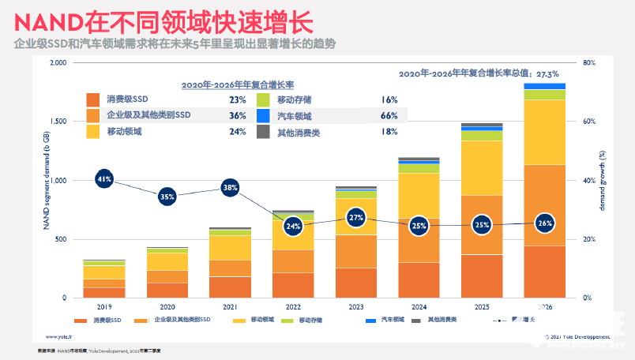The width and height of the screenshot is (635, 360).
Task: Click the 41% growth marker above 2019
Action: pos(103,179)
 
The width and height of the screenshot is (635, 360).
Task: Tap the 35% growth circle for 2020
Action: pos(167,197)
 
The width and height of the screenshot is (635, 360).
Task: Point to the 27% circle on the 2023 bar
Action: pos(355,217)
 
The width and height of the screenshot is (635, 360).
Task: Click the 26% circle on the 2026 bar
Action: pos(543,223)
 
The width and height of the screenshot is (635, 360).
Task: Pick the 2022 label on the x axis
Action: pos(293,307)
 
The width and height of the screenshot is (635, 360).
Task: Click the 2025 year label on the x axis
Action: pos(481,307)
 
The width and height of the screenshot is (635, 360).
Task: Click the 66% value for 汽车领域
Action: pos(389,116)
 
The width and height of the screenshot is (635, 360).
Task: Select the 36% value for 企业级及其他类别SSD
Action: pos(238,116)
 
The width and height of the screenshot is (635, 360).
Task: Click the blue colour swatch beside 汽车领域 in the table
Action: pos(265,116)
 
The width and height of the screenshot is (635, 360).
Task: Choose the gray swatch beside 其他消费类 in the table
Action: pos(265,132)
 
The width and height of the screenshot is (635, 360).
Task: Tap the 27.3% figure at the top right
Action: pos(554,73)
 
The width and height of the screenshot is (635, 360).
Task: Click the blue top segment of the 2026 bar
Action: pos(544,86)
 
